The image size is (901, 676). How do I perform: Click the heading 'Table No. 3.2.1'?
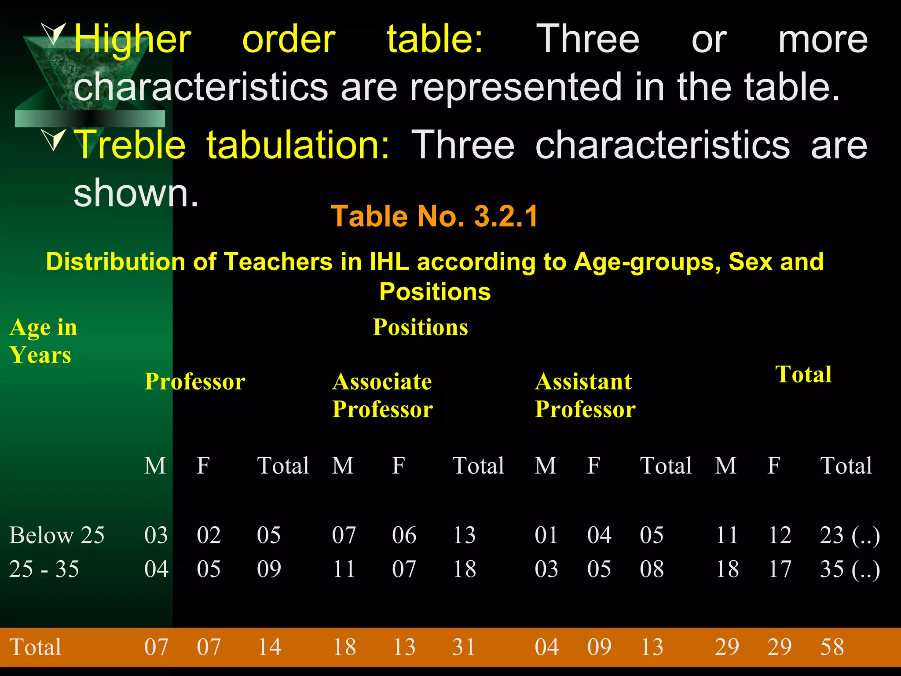pyautogui.click(x=434, y=216)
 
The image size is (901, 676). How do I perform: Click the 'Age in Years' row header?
pyautogui.click(x=43, y=341)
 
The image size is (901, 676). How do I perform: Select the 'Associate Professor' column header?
pyautogui.click(x=382, y=395)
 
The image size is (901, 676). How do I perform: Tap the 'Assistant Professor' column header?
pyautogui.click(x=585, y=395)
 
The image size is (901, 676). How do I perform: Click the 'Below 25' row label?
pyautogui.click(x=57, y=535)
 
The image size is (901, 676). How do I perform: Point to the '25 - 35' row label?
pyautogui.click(x=44, y=569)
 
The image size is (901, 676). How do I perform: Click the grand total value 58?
pyautogui.click(x=832, y=647)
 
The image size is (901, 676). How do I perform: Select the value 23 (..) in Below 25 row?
pyautogui.click(x=850, y=535)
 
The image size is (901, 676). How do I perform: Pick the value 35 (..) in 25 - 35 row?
pyautogui.click(x=850, y=569)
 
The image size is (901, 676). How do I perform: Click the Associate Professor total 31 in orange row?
pyautogui.click(x=464, y=647)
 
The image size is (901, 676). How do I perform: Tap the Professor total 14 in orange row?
pyautogui.click(x=269, y=647)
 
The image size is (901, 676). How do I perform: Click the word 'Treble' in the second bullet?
pyautogui.click(x=131, y=145)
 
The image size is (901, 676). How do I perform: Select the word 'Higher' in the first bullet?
pyautogui.click(x=132, y=40)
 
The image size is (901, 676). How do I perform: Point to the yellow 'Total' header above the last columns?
pyautogui.click(x=803, y=375)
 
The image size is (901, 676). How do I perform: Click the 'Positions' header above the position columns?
pyautogui.click(x=420, y=327)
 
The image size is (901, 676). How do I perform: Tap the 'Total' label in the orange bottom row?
pyautogui.click(x=35, y=647)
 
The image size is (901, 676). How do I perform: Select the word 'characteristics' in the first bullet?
pyautogui.click(x=201, y=87)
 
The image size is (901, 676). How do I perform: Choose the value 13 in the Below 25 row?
pyautogui.click(x=464, y=535)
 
